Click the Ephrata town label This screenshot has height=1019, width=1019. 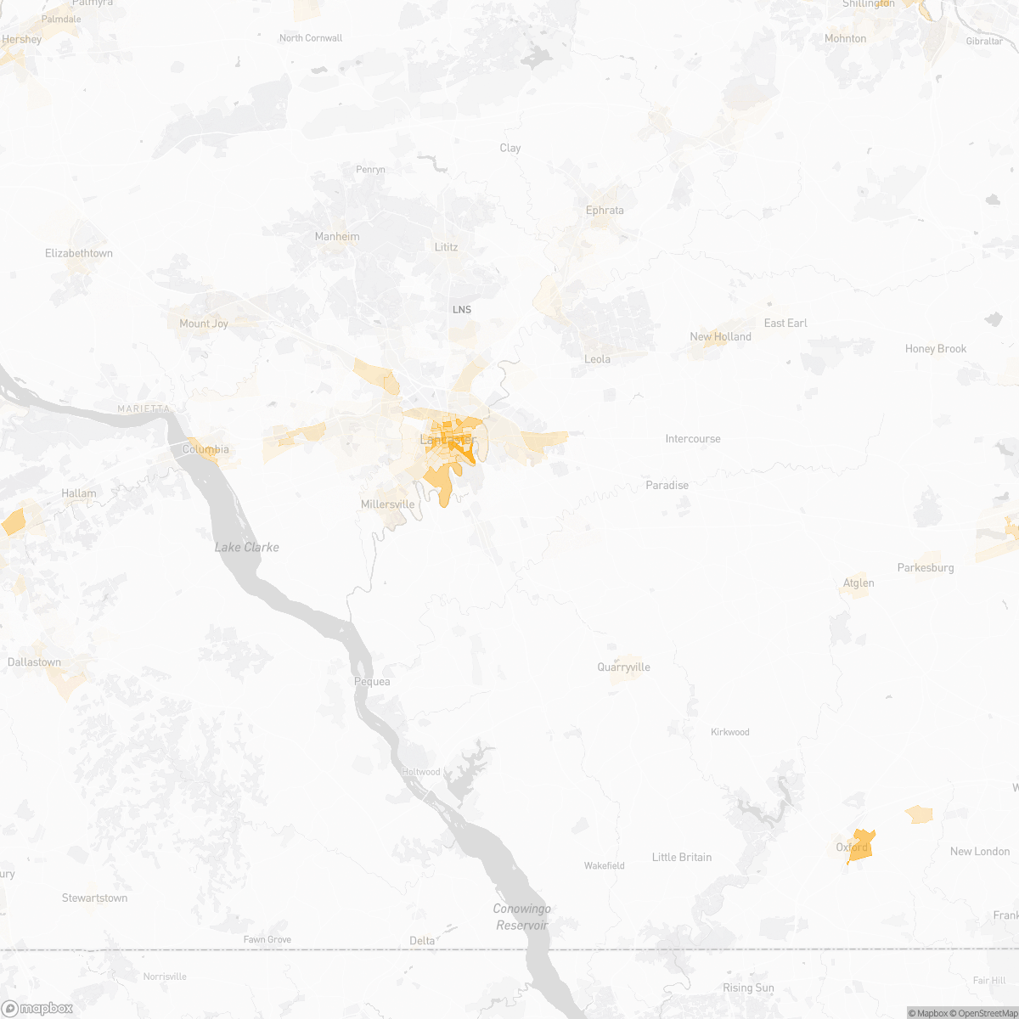point(605,211)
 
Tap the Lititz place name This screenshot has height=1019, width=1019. point(446,247)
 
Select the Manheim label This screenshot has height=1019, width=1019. point(337,237)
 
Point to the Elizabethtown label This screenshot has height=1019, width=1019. point(79,253)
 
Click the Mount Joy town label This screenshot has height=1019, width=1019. point(204,324)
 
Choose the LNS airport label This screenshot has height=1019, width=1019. point(461,310)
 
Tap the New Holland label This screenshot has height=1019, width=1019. point(720,337)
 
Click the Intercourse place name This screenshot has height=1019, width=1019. point(693,439)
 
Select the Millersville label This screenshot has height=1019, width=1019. point(387,504)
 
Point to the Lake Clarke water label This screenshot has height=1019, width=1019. point(246,548)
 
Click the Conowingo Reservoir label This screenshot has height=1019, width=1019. point(522,917)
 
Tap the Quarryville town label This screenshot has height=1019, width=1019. point(623,667)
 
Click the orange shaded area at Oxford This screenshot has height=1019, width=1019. point(862,846)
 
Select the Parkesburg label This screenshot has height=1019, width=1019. point(926,568)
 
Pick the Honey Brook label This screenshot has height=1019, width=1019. point(936,349)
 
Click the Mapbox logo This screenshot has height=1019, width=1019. point(37,1008)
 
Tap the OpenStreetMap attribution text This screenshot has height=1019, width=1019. point(985,1013)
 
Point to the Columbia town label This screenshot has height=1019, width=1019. point(205,449)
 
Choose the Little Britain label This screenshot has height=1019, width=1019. point(682,858)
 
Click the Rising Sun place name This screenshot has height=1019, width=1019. point(748,988)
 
